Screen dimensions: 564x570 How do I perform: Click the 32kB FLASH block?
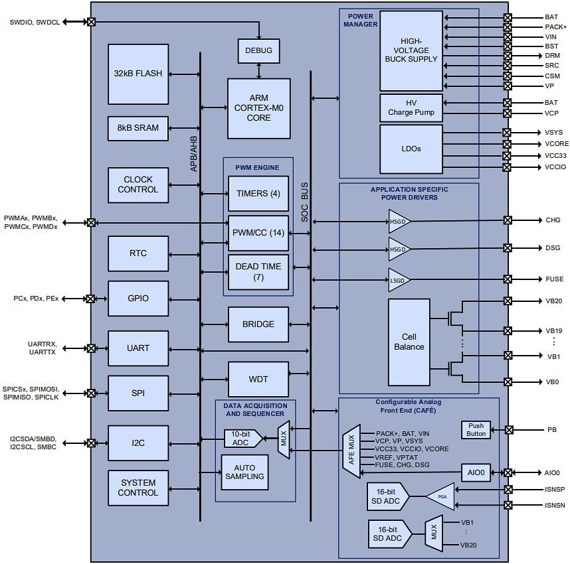[138, 74]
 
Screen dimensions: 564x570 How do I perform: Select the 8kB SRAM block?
[138, 128]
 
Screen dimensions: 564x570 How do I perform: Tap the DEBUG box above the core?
[258, 50]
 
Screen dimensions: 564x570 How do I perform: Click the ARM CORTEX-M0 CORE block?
[258, 108]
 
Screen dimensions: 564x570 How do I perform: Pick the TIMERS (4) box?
[258, 194]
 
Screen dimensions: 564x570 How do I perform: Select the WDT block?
[258, 379]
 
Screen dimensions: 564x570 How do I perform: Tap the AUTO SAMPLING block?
[244, 472]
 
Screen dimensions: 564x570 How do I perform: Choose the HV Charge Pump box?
[411, 107]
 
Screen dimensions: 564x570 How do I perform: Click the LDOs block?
[411, 149]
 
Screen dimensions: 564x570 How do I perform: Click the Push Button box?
[476, 429]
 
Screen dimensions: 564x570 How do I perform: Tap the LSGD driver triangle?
[399, 280]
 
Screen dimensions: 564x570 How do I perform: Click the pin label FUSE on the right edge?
[554, 279]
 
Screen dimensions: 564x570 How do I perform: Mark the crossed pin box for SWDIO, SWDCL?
[91, 22]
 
